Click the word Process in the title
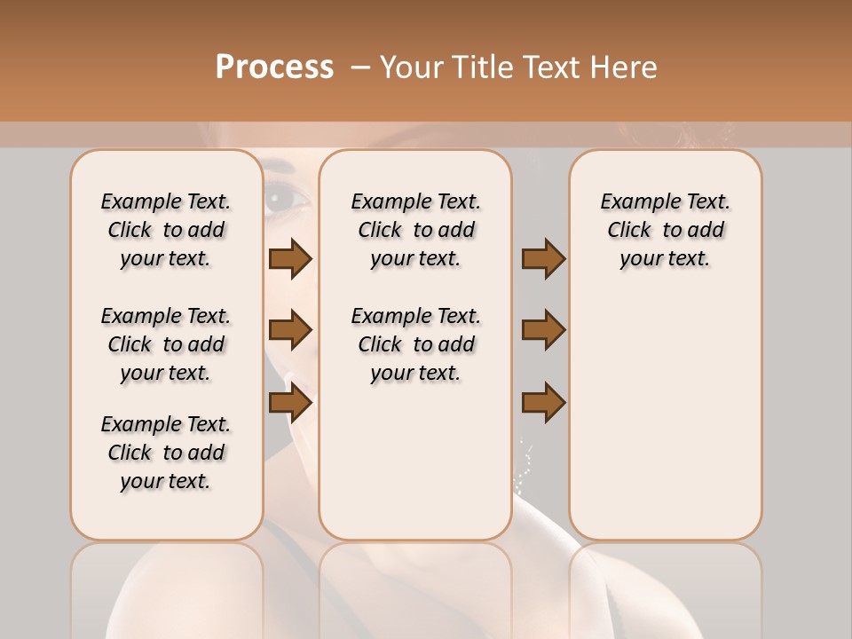(274, 67)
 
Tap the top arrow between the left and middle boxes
(290, 259)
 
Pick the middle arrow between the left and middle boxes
(290, 331)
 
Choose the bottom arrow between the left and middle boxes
(290, 404)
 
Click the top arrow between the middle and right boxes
(543, 259)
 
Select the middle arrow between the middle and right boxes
(543, 331)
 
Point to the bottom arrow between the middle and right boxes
(543, 404)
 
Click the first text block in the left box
(166, 230)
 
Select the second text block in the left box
(166, 344)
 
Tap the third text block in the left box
(166, 453)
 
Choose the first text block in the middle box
(415, 230)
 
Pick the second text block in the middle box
(415, 344)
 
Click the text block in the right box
(665, 230)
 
